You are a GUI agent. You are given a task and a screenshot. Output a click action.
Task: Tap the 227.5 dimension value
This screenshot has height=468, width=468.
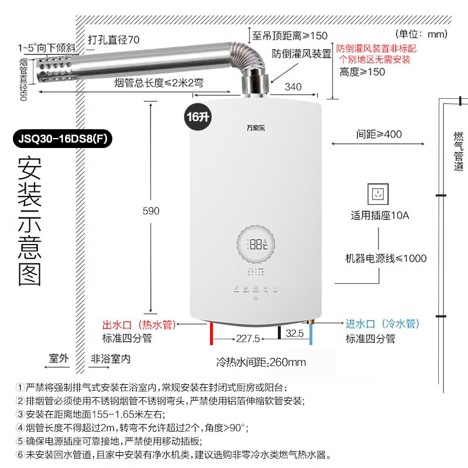pyautogui.click(x=248, y=338)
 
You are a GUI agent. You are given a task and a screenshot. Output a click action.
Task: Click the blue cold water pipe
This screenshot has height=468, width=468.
pyautogui.click(x=311, y=338)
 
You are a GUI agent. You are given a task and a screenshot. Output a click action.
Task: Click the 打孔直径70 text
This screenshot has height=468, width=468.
pyautogui.click(x=113, y=41)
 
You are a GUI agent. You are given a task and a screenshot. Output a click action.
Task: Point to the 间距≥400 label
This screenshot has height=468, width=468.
pyautogui.click(x=378, y=134)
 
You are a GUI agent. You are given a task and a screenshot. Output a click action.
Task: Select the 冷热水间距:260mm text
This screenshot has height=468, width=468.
pyautogui.click(x=261, y=362)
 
